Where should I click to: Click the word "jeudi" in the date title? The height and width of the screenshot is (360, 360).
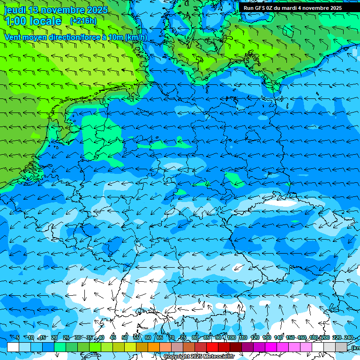click(x=15, y=10)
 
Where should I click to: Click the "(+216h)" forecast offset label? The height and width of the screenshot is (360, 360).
click(x=83, y=21)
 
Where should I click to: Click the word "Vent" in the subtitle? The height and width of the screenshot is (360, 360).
click(x=13, y=37)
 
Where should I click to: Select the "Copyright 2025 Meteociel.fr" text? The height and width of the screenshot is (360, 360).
click(x=199, y=357)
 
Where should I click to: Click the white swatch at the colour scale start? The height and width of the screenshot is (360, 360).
click(x=13, y=347)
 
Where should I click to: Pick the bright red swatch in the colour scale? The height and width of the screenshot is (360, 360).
click(x=212, y=347)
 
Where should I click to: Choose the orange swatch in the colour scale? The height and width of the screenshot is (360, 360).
click(x=154, y=347)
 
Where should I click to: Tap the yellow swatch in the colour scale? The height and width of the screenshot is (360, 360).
click(x=119, y=347)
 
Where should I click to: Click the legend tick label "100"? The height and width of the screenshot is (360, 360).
click(x=231, y=338)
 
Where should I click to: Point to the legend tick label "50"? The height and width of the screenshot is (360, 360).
click(x=125, y=338)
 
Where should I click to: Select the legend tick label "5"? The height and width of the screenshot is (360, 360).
click(x=18, y=338)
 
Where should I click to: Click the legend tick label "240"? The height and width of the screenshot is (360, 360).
click(x=348, y=338)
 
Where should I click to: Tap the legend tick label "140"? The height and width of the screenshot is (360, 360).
click(x=278, y=338)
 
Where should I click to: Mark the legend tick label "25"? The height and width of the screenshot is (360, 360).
click(x=66, y=338)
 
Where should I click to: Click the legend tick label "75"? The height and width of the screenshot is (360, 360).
click(x=183, y=338)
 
